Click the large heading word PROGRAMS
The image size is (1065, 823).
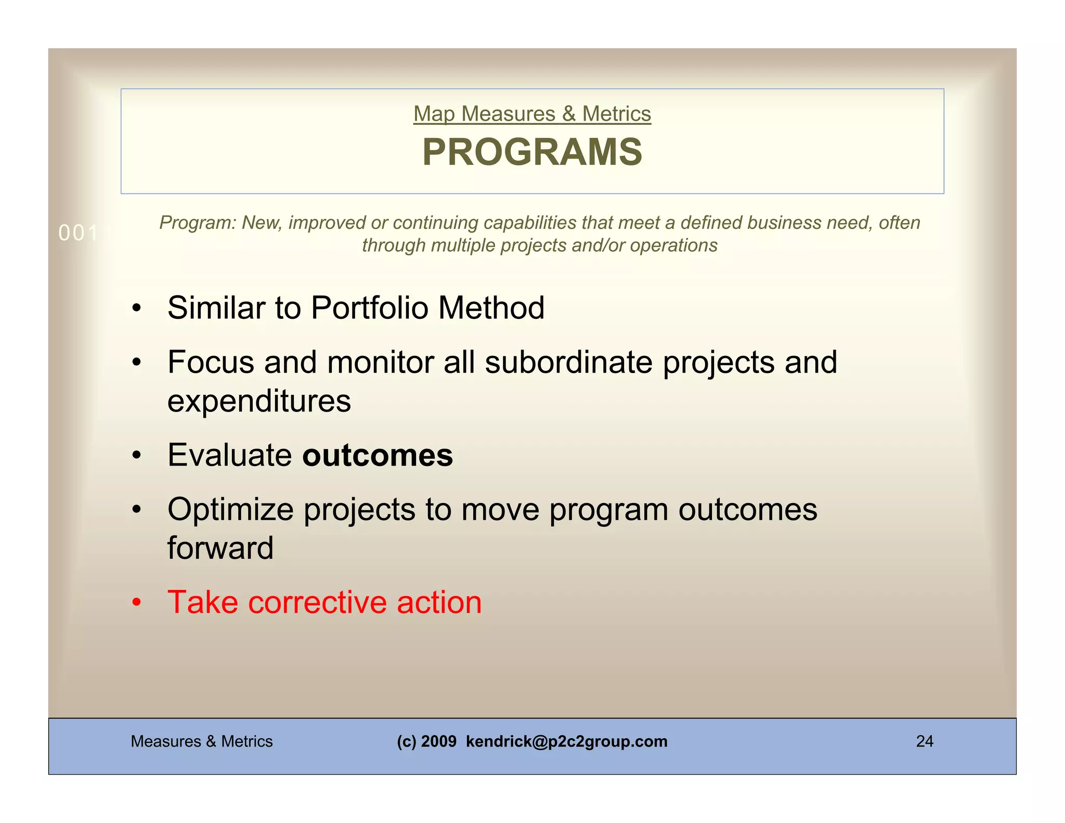pos(532,152)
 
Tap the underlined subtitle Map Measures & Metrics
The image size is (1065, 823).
pos(532,114)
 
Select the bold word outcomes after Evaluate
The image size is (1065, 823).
pos(378,455)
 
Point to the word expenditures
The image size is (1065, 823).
pos(259,401)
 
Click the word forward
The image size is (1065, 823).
pos(220,548)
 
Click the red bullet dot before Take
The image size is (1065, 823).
pos(136,603)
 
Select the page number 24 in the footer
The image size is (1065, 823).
pos(924,741)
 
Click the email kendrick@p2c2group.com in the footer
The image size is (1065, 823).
pos(566,741)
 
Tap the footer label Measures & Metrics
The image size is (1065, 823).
pos(202,741)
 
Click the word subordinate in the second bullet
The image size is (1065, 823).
pos(568,362)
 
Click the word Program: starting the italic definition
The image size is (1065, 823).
pos(198,223)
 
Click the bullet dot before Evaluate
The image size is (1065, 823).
pos(136,456)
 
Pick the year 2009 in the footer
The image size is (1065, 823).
pos(439,741)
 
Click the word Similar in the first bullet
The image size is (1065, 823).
pos(216,307)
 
